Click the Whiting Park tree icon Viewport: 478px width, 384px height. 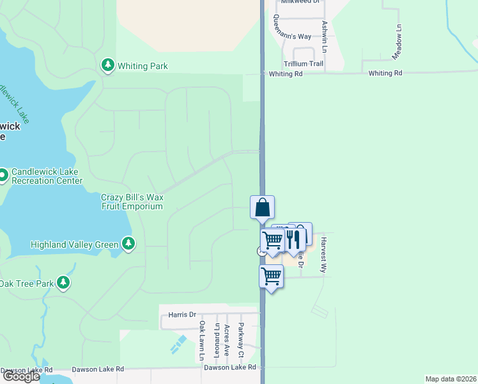[x=108, y=66]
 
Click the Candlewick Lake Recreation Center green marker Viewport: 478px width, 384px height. [x=3, y=174]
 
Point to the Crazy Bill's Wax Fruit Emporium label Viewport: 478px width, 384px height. [x=132, y=202]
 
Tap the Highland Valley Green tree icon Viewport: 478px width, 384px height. [x=128, y=244]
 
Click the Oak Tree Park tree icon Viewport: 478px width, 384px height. [x=63, y=282]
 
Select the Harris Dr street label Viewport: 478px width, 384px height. [x=182, y=315]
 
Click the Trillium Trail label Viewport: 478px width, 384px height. [x=304, y=64]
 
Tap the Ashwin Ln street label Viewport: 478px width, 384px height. [x=325, y=36]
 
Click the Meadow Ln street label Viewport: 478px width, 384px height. [x=398, y=38]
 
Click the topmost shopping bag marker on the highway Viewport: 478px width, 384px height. [x=262, y=207]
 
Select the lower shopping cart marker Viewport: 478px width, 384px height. [x=272, y=276]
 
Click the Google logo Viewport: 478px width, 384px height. [x=21, y=376]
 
